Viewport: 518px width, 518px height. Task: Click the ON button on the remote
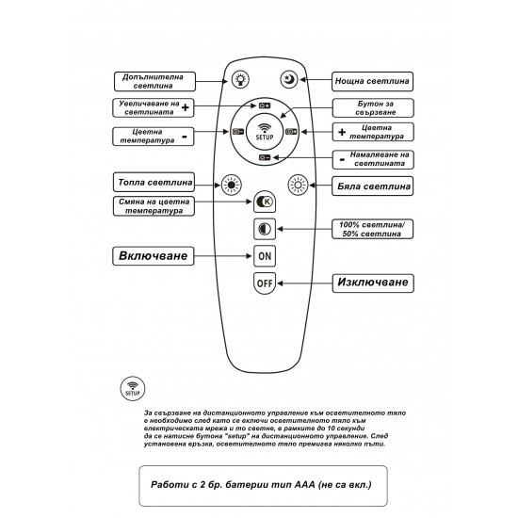coord(265,256)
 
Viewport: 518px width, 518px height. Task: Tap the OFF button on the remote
coord(265,283)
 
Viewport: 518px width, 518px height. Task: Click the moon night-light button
coord(289,80)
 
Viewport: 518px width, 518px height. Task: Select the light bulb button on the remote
coord(240,80)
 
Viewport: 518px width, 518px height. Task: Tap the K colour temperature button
coord(265,202)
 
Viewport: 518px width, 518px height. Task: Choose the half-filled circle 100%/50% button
coord(265,229)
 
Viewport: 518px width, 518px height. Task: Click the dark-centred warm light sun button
coord(232,185)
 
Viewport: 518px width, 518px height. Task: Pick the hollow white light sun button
coord(298,185)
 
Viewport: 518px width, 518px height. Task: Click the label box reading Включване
coord(154,256)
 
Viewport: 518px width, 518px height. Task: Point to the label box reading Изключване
coord(373,283)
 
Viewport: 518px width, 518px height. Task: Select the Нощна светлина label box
coord(372,81)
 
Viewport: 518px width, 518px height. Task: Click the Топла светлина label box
coord(154,182)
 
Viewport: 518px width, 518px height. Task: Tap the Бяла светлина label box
coord(373,186)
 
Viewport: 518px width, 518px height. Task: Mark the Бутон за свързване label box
coord(373,107)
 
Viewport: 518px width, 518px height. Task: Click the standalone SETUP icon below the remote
coord(133,388)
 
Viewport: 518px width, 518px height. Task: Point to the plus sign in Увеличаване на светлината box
coord(186,107)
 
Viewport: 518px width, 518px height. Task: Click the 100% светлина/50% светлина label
coord(372,229)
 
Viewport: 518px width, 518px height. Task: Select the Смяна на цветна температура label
coord(154,206)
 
